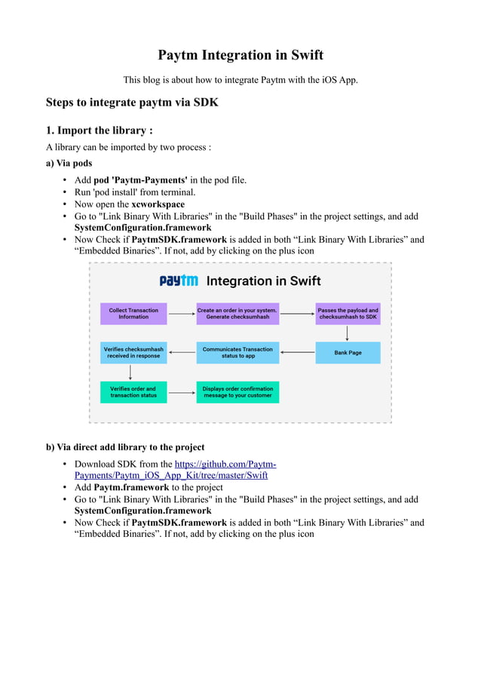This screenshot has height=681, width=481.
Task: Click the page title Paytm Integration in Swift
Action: click(240, 55)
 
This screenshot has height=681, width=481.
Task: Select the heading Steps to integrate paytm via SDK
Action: click(132, 102)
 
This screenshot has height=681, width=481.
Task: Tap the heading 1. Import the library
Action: click(100, 130)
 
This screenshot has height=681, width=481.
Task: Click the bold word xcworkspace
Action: click(158, 204)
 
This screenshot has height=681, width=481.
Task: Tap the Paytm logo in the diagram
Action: click(179, 281)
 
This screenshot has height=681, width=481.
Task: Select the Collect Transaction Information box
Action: click(133, 314)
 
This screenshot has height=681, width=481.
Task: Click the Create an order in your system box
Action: click(237, 314)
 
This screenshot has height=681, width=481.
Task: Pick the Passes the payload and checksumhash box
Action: click(348, 314)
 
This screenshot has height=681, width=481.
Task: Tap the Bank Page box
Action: click(348, 352)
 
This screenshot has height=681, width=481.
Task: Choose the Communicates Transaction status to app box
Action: click(237, 352)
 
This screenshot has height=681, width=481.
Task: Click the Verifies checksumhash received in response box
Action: click(133, 352)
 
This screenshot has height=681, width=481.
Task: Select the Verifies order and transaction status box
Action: click(133, 392)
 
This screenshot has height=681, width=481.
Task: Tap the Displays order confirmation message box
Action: click(237, 392)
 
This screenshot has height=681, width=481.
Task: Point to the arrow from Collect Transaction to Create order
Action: click(182, 314)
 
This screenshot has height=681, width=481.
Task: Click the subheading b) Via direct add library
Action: click(125, 447)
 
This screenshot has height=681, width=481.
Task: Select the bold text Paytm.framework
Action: click(131, 487)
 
